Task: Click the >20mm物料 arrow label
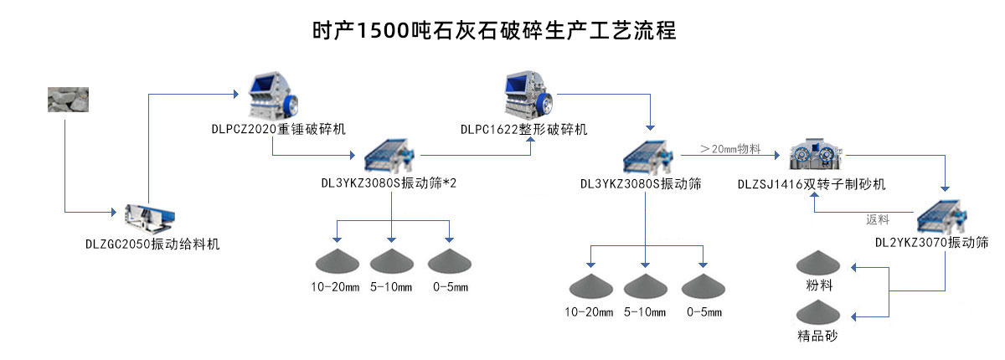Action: pos(731,149)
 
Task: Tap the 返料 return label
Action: pos(877,219)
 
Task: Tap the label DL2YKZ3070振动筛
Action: pos(931,242)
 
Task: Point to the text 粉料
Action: pos(818,285)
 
